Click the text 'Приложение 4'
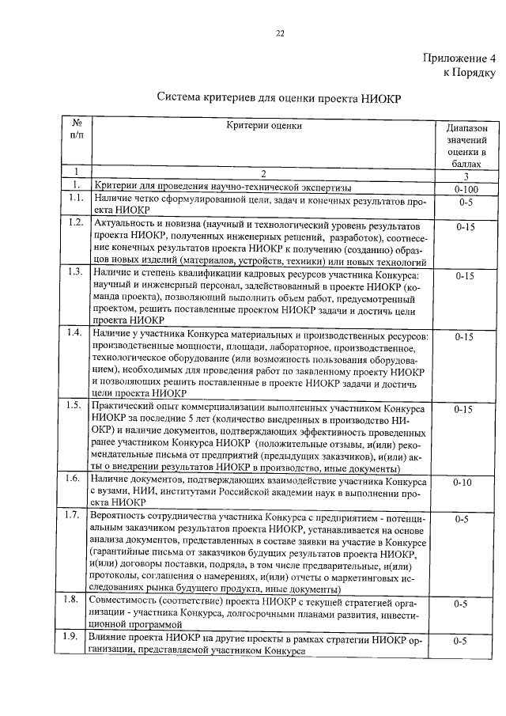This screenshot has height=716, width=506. pyautogui.click(x=459, y=58)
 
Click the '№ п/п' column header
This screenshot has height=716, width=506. pyautogui.click(x=77, y=130)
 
